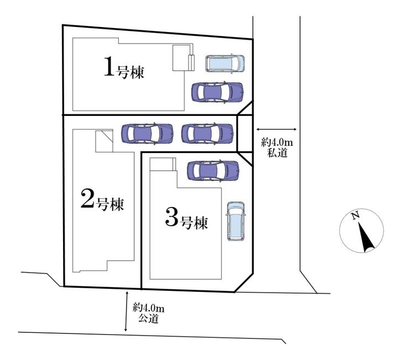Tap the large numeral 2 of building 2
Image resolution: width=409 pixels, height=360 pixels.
point(86,199)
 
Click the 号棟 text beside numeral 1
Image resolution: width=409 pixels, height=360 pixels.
point(130,72)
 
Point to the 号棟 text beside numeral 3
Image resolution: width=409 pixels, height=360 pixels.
point(195,223)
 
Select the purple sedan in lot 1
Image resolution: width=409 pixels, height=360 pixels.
point(217,92)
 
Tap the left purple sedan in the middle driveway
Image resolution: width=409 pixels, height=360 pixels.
point(147,133)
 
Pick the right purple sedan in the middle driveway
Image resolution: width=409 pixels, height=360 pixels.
point(207,133)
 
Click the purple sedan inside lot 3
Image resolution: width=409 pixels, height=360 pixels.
point(214,171)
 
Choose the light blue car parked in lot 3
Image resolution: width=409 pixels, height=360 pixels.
point(235,220)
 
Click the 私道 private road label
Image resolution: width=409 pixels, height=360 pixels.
point(277,153)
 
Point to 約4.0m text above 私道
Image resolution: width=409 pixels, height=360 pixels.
point(276,143)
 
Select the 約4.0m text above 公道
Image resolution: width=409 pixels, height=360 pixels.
point(149,308)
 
